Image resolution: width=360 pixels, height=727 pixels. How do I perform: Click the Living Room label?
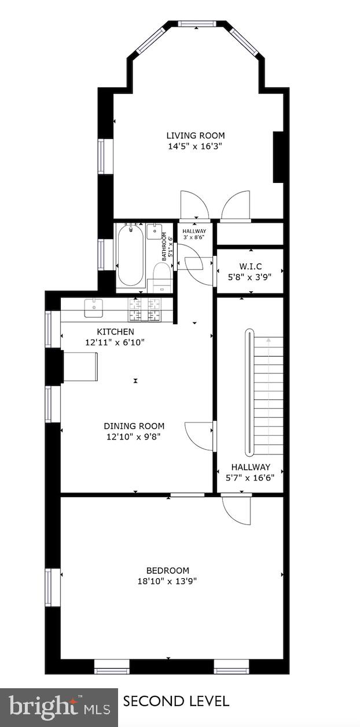pyautogui.click(x=195, y=135)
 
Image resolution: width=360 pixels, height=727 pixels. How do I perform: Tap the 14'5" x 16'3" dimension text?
pyautogui.click(x=195, y=146)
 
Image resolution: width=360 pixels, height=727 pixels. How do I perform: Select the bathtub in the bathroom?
pyautogui.click(x=130, y=256)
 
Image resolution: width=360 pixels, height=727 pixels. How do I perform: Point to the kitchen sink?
pyautogui.click(x=93, y=307)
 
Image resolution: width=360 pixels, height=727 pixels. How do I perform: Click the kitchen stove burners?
pyautogui.click(x=145, y=309)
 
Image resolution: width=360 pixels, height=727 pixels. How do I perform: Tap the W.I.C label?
pyautogui.click(x=250, y=266)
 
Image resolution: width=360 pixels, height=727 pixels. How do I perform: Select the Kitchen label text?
pyautogui.click(x=115, y=332)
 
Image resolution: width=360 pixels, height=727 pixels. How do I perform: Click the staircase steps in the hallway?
pyautogui.click(x=269, y=394)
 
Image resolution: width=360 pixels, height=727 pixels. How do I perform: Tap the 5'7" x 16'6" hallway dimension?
pyautogui.click(x=250, y=478)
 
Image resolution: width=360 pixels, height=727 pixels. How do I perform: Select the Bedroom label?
pyautogui.click(x=167, y=570)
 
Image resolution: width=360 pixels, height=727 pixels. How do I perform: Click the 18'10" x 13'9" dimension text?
pyautogui.click(x=167, y=581)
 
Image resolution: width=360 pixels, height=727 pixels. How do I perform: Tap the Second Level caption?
pyautogui.click(x=176, y=702)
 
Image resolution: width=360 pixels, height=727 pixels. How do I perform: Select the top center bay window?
pyautogui.click(x=197, y=24)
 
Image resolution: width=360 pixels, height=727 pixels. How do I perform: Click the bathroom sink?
pyautogui.click(x=155, y=232)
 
